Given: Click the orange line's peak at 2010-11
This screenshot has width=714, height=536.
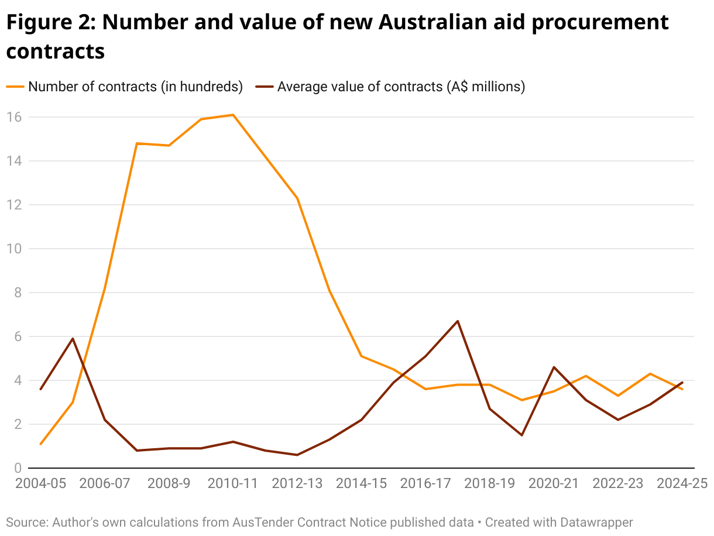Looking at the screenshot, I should point(234,115).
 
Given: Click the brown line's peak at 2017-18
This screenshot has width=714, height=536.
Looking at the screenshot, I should point(458,321).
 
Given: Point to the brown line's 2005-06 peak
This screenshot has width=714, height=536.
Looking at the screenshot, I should point(73,339).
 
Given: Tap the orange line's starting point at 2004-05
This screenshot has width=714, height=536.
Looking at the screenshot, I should point(40,444).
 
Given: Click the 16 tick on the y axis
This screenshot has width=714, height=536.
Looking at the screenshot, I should point(14,117).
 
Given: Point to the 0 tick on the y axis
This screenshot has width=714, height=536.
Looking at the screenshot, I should point(18,468).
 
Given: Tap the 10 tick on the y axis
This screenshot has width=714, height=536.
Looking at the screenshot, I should point(14,249).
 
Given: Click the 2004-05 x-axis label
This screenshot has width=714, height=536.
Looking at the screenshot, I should point(40,484).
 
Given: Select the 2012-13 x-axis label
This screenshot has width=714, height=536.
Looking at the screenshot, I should point(297,484).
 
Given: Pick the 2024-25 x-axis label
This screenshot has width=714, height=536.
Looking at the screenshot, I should point(682,484).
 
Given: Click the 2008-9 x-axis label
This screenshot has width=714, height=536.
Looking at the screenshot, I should point(169,484).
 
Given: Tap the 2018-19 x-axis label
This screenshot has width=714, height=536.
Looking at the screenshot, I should point(489,484).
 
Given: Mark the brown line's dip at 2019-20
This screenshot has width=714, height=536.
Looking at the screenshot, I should point(521,435).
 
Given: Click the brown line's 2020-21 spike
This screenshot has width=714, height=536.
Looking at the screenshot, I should point(554,367).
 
